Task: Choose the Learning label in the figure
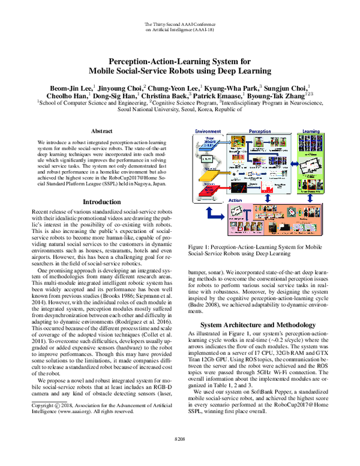coord(311,130)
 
